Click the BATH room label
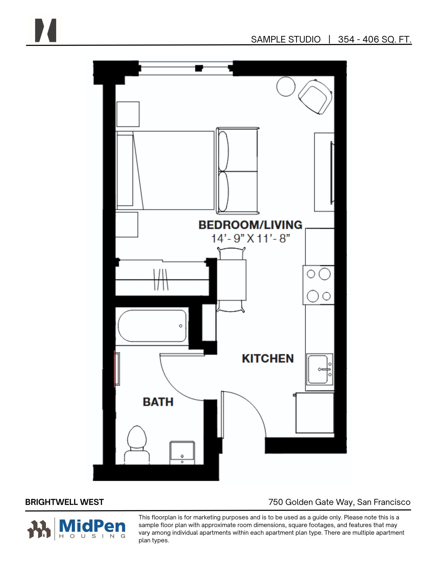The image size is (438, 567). point(158,402)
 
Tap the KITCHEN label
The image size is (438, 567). point(268,359)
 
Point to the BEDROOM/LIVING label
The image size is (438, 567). point(250,225)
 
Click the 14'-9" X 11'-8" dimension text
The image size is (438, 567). point(250,238)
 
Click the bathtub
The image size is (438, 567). point(152,326)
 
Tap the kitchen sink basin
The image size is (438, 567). point(318,369)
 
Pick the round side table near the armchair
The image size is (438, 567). point(286,86)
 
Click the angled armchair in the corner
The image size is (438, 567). point(315,97)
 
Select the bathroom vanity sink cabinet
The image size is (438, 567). point(182,452)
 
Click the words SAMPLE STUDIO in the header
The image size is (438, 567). point(285,39)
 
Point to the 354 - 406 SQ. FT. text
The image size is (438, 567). point(374,39)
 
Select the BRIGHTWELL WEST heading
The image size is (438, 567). point(64,502)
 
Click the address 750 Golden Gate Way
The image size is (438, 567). point(311,502)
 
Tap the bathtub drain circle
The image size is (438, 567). point(181,326)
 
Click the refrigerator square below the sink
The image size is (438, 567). point(315,412)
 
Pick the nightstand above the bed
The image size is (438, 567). point(128,114)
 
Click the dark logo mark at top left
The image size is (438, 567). point(45,30)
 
